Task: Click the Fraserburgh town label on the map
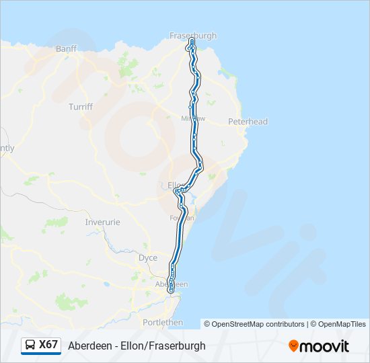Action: point(193,36)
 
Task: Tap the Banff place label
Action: point(67,49)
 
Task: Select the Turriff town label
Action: point(80,107)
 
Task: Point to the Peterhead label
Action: point(248,122)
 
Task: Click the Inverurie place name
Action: point(102,222)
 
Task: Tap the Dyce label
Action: point(147,257)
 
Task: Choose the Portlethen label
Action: point(163,323)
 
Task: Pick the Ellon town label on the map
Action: point(175,184)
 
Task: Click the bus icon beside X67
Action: point(30,346)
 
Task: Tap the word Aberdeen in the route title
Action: point(89,346)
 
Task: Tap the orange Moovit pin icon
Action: point(293,346)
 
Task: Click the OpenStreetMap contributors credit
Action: point(257,324)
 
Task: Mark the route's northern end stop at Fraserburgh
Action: point(192,42)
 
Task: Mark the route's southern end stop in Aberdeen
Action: point(172,290)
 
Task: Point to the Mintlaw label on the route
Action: point(192,118)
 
